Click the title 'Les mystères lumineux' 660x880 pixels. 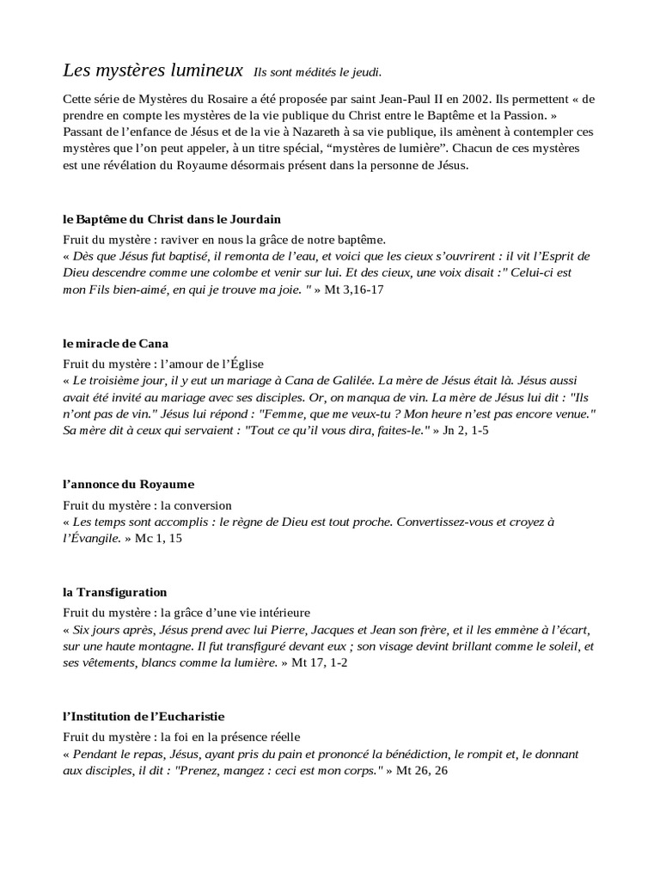point(153,69)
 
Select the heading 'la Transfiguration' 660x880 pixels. point(114,593)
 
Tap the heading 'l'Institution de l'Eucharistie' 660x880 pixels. point(144,716)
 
